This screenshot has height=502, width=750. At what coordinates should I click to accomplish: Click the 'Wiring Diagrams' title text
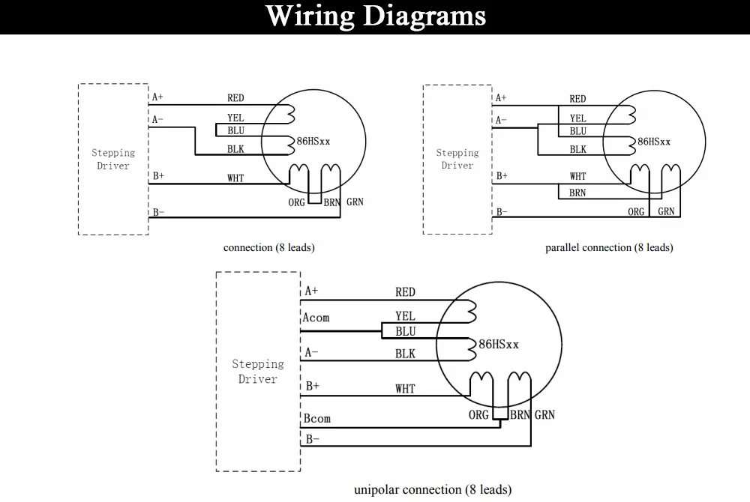pos(376,16)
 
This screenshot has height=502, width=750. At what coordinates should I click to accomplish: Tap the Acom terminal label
pos(316,318)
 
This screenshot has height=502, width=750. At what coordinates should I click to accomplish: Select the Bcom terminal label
pos(316,418)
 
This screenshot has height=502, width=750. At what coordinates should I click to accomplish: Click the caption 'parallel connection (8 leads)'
pos(609,247)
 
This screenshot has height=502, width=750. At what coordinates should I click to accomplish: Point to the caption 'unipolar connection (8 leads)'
pos(433,489)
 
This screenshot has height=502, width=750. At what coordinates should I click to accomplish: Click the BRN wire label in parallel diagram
pos(577,193)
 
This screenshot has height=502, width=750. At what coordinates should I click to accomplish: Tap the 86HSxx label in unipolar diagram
pos(499,345)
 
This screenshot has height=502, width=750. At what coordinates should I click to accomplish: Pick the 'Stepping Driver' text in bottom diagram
pos(258,372)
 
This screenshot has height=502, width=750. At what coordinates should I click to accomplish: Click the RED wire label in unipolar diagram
pos(405,292)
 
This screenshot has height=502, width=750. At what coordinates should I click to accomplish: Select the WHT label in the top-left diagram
pos(235,178)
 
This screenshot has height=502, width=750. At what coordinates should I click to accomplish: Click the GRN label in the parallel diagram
pos(666,211)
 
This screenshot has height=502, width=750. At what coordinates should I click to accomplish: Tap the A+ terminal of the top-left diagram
pos(157,97)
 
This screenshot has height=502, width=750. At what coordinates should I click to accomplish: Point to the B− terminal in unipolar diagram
pos(312,439)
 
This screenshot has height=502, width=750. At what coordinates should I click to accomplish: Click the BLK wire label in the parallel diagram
pos(577,150)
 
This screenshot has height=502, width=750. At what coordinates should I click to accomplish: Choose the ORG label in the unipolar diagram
pos(478,414)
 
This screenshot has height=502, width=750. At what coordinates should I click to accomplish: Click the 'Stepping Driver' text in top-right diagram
pos(457,159)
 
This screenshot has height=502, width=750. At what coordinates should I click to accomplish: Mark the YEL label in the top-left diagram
pos(235,118)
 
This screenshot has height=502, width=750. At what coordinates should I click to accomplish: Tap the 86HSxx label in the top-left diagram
pos(313,142)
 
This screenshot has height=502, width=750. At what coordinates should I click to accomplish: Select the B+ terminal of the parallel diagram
pos(502,176)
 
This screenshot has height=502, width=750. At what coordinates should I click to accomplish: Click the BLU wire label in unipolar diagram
pos(405,331)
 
